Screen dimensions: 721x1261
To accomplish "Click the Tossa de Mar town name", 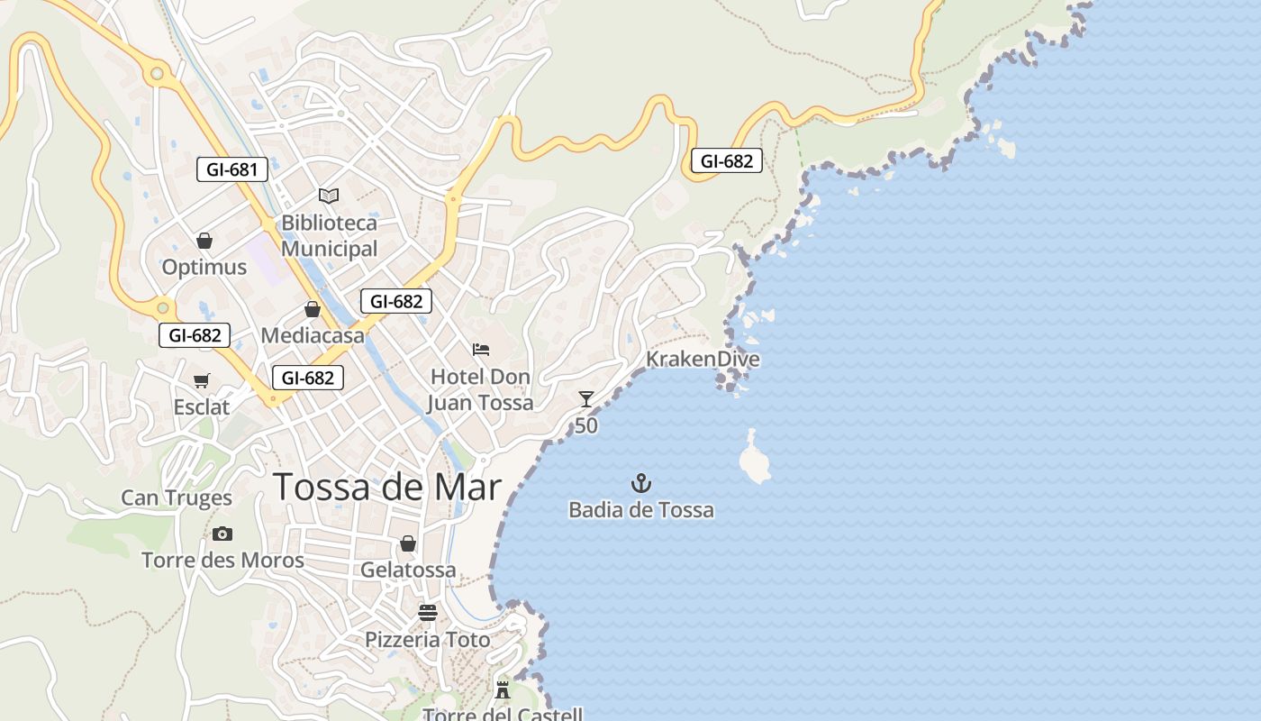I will tap(387, 487).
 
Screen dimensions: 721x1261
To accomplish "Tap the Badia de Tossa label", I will tap(640, 510).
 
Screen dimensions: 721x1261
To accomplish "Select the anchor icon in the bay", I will tap(640, 483).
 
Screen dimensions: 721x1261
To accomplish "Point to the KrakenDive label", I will tap(703, 360).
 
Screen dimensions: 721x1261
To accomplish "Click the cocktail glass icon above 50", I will tap(586, 399).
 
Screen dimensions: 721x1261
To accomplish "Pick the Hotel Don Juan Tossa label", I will tap(480, 389).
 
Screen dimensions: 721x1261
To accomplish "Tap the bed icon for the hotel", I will tap(481, 350).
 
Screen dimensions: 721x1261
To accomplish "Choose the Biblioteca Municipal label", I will tap(329, 235).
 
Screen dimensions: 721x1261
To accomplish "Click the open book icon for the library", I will tap(329, 196).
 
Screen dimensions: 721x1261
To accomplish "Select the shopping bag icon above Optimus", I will tap(204, 241).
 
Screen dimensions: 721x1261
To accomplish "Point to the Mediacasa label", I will tap(313, 336).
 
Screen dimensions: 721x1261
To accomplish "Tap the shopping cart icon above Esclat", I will tap(202, 381).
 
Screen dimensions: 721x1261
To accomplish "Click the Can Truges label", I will tap(177, 497).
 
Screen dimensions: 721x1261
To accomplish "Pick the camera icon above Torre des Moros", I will tap(222, 534).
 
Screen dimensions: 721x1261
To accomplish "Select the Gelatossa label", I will tap(408, 570).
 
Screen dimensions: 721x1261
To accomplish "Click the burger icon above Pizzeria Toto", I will tap(428, 613).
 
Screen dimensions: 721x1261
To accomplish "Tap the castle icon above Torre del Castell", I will tap(503, 690).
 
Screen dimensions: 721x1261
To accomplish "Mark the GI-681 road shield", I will tap(232, 169).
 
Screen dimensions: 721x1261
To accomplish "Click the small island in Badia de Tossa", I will tap(754, 458).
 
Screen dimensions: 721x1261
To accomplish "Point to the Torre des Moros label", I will tap(222, 561).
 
